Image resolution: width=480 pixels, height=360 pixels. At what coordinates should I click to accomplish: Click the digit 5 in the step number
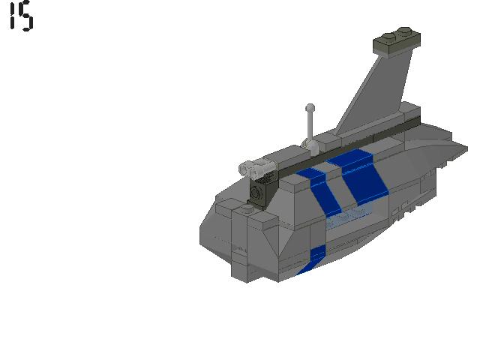coord(26,16)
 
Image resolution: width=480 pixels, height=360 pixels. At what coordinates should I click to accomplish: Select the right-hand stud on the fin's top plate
coord(405,31)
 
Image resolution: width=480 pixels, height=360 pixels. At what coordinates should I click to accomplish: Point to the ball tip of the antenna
coord(310,108)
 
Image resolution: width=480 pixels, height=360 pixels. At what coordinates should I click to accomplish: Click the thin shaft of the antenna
coord(310,125)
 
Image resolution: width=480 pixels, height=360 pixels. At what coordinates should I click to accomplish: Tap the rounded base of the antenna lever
coord(311,147)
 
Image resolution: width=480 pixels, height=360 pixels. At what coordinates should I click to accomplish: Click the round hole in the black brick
coord(255,193)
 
